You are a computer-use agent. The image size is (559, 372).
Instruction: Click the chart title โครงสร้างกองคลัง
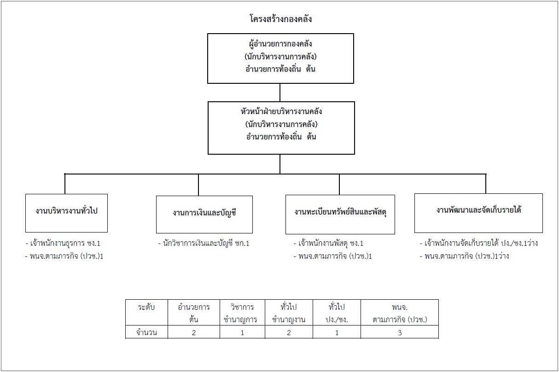281,19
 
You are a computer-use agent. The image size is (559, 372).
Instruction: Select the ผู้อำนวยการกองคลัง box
280,58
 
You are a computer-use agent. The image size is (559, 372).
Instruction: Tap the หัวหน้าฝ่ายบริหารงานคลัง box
281,128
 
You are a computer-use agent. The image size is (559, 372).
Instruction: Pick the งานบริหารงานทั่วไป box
66,213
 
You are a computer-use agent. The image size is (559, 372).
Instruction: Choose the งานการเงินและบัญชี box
204,215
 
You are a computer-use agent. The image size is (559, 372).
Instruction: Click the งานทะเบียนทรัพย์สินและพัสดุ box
340,215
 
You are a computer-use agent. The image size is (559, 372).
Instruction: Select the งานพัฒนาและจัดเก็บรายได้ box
478,213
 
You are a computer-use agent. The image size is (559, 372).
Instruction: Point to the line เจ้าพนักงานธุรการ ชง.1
63,243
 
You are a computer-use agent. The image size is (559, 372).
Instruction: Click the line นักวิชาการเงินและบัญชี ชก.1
204,243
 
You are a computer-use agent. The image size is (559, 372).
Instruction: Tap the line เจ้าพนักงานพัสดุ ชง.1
328,243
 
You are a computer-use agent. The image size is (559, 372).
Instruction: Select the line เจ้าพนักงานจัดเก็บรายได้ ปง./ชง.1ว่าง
478,243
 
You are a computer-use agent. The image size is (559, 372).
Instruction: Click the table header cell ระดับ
146,307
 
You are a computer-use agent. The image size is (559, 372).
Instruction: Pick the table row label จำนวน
146,332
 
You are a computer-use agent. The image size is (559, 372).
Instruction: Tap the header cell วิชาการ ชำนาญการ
242,313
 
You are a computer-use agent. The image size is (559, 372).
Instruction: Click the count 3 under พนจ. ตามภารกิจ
400,333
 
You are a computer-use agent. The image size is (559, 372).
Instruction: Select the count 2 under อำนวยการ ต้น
194,333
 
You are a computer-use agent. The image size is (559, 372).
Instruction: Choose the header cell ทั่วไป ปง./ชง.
337,313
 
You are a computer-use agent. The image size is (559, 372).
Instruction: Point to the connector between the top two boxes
280,93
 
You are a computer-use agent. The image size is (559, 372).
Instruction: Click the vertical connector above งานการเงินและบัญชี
198,185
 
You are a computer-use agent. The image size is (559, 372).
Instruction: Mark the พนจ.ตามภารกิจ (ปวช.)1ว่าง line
465,256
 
